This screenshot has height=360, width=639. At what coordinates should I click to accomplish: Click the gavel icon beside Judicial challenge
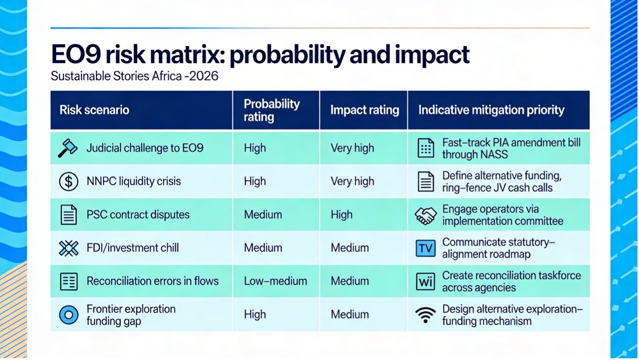[68, 148]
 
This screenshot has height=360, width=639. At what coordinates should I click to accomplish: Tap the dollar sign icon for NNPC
[68, 181]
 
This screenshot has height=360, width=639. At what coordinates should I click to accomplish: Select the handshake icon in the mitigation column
[425, 215]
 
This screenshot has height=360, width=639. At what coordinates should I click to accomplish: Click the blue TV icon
[425, 248]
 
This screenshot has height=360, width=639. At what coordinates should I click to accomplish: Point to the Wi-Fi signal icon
[425, 315]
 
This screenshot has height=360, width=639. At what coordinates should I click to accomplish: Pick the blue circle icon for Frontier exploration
[68, 315]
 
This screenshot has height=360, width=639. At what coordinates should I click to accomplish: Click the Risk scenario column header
[94, 110]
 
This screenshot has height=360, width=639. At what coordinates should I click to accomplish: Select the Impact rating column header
[364, 110]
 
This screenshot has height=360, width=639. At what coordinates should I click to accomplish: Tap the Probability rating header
[271, 110]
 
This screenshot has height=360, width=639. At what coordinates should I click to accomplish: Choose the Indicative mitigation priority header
[491, 110]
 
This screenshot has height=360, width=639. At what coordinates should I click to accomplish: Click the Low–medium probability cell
[275, 281]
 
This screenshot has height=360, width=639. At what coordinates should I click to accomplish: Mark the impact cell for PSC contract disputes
[342, 214]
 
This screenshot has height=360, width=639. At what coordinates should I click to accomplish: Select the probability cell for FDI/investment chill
[263, 248]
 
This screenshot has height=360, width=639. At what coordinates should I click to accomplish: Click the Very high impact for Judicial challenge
[352, 148]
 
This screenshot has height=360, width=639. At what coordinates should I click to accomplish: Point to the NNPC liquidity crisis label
[134, 181]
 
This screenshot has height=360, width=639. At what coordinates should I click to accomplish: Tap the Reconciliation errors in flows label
[153, 281]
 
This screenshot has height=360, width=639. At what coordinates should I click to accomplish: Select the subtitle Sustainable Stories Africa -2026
[134, 76]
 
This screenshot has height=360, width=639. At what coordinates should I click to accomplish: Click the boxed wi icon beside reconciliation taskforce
[425, 282]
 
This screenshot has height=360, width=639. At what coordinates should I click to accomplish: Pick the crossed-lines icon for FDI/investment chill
[68, 248]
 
